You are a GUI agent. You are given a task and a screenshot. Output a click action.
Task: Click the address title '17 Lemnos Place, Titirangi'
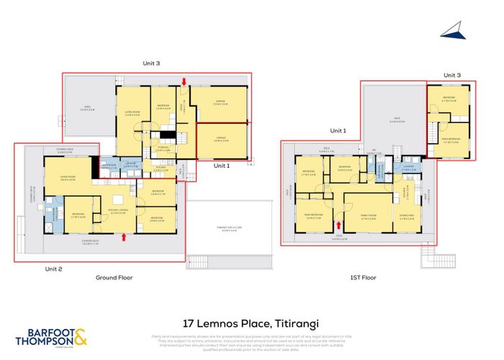click(251, 306)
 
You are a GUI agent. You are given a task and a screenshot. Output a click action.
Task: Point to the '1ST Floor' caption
click(364, 276)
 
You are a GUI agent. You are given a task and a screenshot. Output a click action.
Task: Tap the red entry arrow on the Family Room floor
click(338, 224)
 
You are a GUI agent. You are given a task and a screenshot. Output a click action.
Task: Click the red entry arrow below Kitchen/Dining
click(125, 235)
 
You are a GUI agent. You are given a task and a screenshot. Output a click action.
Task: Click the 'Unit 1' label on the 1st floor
click(338, 131)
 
